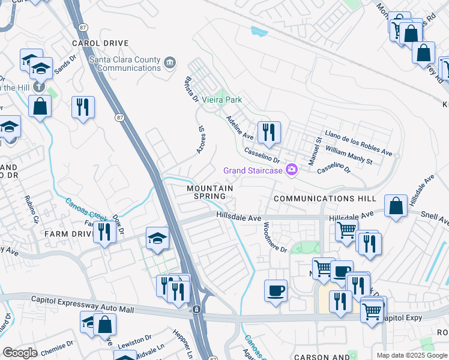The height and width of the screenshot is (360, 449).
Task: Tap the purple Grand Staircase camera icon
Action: click(x=292, y=170)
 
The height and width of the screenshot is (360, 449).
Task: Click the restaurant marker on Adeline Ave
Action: click(x=268, y=132)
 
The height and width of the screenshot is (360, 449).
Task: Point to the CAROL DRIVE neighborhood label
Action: click(x=100, y=43)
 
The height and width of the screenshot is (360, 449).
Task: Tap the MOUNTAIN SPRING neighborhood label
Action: click(x=209, y=192)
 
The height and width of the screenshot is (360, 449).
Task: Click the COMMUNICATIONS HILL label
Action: click(x=325, y=198)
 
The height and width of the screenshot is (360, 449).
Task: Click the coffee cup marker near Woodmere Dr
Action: click(x=276, y=291)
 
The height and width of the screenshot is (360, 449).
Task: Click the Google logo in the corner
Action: click(x=20, y=352)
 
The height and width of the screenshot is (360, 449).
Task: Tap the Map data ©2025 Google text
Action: click(x=411, y=355)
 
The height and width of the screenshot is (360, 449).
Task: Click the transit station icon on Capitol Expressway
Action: click(x=196, y=310)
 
